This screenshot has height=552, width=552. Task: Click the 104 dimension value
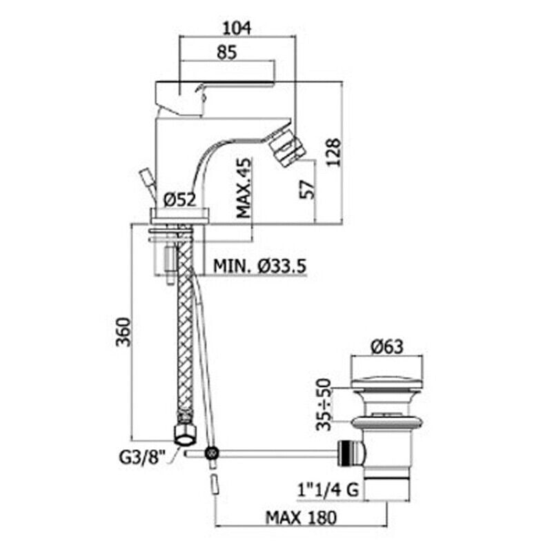[237, 28]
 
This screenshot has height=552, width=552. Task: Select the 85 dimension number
[227, 52]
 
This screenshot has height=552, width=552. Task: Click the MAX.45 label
[244, 188]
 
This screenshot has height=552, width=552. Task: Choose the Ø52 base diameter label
[179, 200]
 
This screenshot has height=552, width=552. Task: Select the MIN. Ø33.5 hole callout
[260, 266]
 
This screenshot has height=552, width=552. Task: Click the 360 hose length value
[124, 332]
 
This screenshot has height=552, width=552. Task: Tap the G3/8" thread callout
[142, 457]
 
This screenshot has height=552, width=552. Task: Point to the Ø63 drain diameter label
[387, 348]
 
